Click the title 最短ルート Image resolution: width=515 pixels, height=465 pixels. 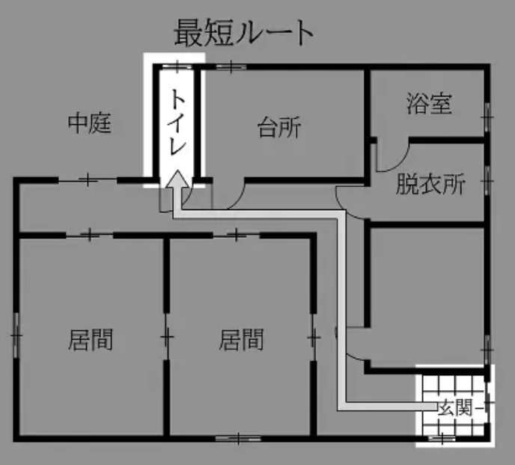[243, 33]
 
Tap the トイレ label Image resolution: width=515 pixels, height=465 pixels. [177, 123]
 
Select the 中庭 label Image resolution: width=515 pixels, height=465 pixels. [89, 123]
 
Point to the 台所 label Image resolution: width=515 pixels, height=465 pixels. [279, 127]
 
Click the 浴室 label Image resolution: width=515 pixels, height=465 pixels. [429, 103]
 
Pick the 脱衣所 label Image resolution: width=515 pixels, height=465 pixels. [430, 184]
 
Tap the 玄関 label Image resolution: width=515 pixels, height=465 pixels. [455, 408]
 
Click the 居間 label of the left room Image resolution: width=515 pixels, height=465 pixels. [91, 339]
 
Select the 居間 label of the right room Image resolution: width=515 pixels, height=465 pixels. [241, 339]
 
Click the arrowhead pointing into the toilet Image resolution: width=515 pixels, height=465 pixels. [177, 179]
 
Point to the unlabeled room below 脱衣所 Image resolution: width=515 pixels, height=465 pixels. [427, 297]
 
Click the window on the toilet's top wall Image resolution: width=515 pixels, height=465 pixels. [177, 67]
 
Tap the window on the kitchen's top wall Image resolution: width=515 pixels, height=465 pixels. [231, 67]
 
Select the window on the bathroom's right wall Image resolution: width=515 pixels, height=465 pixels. [487, 117]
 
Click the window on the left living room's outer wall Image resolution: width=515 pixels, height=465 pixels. [16, 335]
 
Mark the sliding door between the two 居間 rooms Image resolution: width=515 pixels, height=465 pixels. [167, 336]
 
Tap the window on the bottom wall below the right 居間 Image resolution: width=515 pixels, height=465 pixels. [239, 438]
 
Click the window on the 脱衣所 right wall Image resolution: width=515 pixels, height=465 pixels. [487, 181]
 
